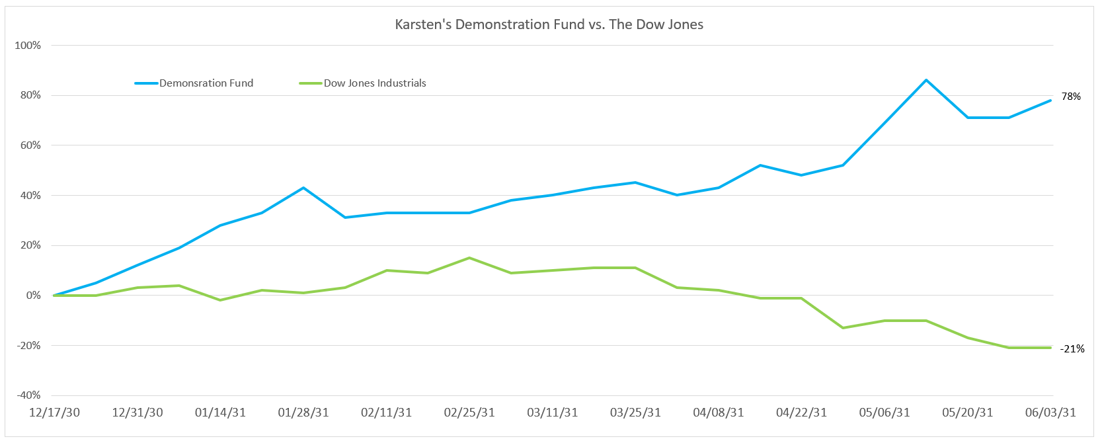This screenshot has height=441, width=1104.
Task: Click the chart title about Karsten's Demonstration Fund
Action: pos(549,24)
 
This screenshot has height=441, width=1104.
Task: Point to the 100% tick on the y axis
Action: pos(28,46)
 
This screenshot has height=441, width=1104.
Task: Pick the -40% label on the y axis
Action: pos(28,395)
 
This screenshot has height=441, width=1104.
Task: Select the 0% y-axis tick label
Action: pos(33,296)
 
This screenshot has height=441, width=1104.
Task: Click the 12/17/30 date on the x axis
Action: pos(55,413)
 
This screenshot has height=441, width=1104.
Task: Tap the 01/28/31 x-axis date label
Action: pos(303,413)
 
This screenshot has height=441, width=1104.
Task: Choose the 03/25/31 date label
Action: pos(635,413)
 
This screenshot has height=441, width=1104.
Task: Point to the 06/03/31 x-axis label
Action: pos(1050,413)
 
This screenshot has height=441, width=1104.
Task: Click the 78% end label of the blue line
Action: pos(1071,97)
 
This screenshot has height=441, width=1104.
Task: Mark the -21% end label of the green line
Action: pos(1072,349)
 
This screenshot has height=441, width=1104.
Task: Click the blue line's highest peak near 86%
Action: pos(926,80)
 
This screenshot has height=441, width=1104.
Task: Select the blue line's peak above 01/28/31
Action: pos(303,188)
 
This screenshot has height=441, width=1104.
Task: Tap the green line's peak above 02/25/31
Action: pos(469,258)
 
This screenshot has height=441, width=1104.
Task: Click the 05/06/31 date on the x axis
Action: pos(885,413)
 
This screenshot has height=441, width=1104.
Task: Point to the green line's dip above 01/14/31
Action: pos(220,300)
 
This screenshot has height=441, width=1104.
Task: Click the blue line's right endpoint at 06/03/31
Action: pos(1050,100)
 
